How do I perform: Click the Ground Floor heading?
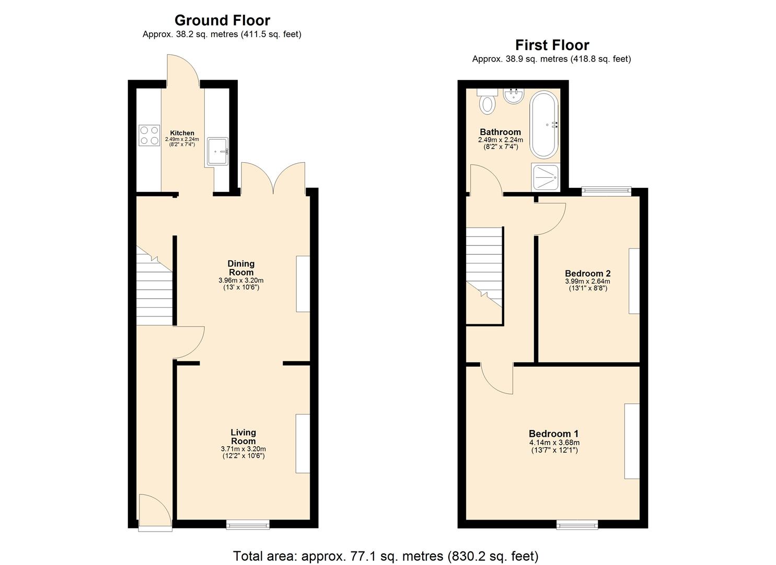tap(222, 20)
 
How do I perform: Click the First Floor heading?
tap(552, 45)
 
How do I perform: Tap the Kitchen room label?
tap(182, 133)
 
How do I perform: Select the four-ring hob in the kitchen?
tap(149, 135)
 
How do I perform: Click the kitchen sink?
tap(217, 151)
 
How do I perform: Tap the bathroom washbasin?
tap(514, 96)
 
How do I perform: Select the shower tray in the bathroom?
tap(546, 177)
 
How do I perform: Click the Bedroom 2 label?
tap(587, 273)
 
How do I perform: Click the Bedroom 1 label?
tap(553, 434)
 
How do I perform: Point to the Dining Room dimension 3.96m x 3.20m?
tap(241, 280)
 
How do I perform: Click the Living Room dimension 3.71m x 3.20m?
tap(243, 449)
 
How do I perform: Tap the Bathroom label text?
tap(500, 132)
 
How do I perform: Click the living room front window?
tap(248, 523)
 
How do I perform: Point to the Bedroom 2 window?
tap(607, 191)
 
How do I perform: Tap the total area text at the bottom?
tap(386, 556)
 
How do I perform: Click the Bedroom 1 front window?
tap(577, 524)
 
